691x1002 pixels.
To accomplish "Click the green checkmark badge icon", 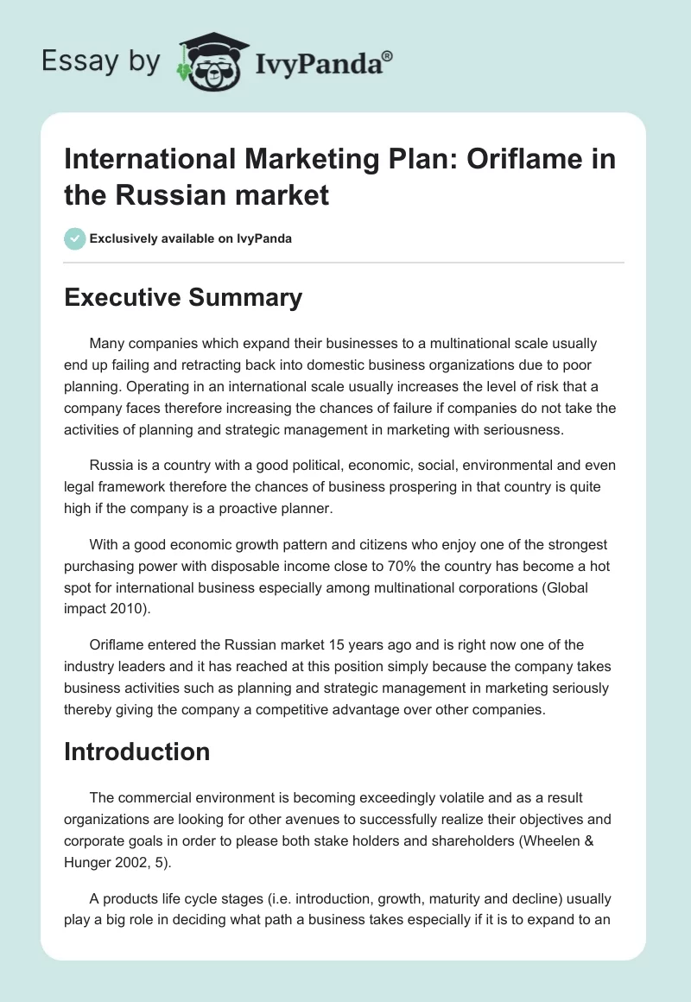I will [75, 238].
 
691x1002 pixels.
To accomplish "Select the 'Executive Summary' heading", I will [183, 298].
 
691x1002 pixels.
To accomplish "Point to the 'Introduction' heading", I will [137, 751].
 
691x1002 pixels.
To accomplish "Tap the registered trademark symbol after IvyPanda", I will [388, 56].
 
